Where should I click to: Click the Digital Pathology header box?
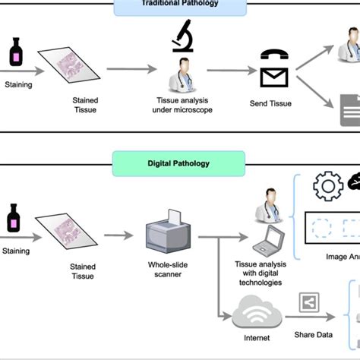click(x=179, y=163)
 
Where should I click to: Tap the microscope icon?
click(x=182, y=33)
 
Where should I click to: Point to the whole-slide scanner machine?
click(x=167, y=232)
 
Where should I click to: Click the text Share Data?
click(x=314, y=334)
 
